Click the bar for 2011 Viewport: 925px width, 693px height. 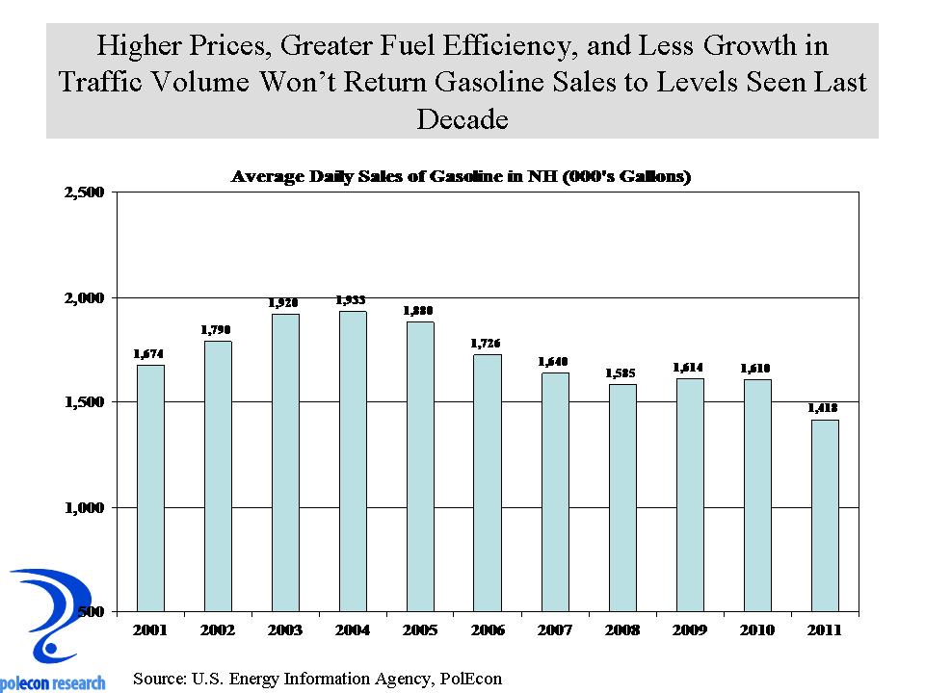(x=825, y=515)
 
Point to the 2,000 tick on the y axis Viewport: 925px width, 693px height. (x=84, y=297)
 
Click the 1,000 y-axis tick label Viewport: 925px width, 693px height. (x=84, y=507)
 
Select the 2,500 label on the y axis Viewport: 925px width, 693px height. (x=84, y=192)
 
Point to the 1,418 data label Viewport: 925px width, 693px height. (x=825, y=409)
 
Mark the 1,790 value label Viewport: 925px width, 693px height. (x=218, y=330)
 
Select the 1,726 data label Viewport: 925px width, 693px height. (x=488, y=344)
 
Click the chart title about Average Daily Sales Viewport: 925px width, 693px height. (x=462, y=177)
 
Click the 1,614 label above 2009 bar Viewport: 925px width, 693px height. (x=690, y=368)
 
